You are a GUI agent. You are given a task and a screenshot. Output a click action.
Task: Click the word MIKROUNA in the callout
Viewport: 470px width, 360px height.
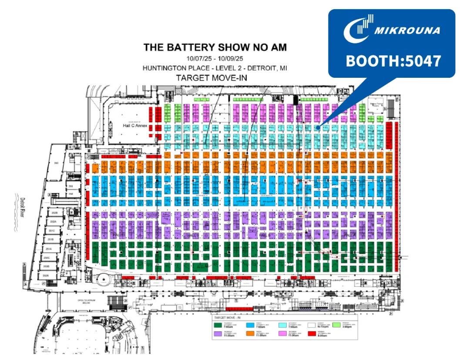[x=407, y=31]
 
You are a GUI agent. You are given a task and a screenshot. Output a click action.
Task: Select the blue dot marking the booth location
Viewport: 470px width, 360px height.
[x=319, y=127]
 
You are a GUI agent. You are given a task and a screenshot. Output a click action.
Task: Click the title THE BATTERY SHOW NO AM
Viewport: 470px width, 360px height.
[x=215, y=47]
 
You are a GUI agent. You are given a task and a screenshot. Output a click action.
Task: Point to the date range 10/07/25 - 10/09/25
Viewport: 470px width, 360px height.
[x=215, y=58]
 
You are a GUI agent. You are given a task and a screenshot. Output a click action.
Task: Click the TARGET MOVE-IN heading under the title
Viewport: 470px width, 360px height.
[x=215, y=78]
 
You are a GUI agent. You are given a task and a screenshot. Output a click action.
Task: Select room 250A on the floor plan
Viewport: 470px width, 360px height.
[x=45, y=276]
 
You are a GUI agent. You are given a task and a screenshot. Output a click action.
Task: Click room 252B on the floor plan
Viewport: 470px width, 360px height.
[x=54, y=213]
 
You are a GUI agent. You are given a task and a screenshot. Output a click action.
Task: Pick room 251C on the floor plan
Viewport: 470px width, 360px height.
[x=52, y=231]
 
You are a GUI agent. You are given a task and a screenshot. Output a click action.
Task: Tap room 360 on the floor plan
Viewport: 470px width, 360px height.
[x=56, y=163]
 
